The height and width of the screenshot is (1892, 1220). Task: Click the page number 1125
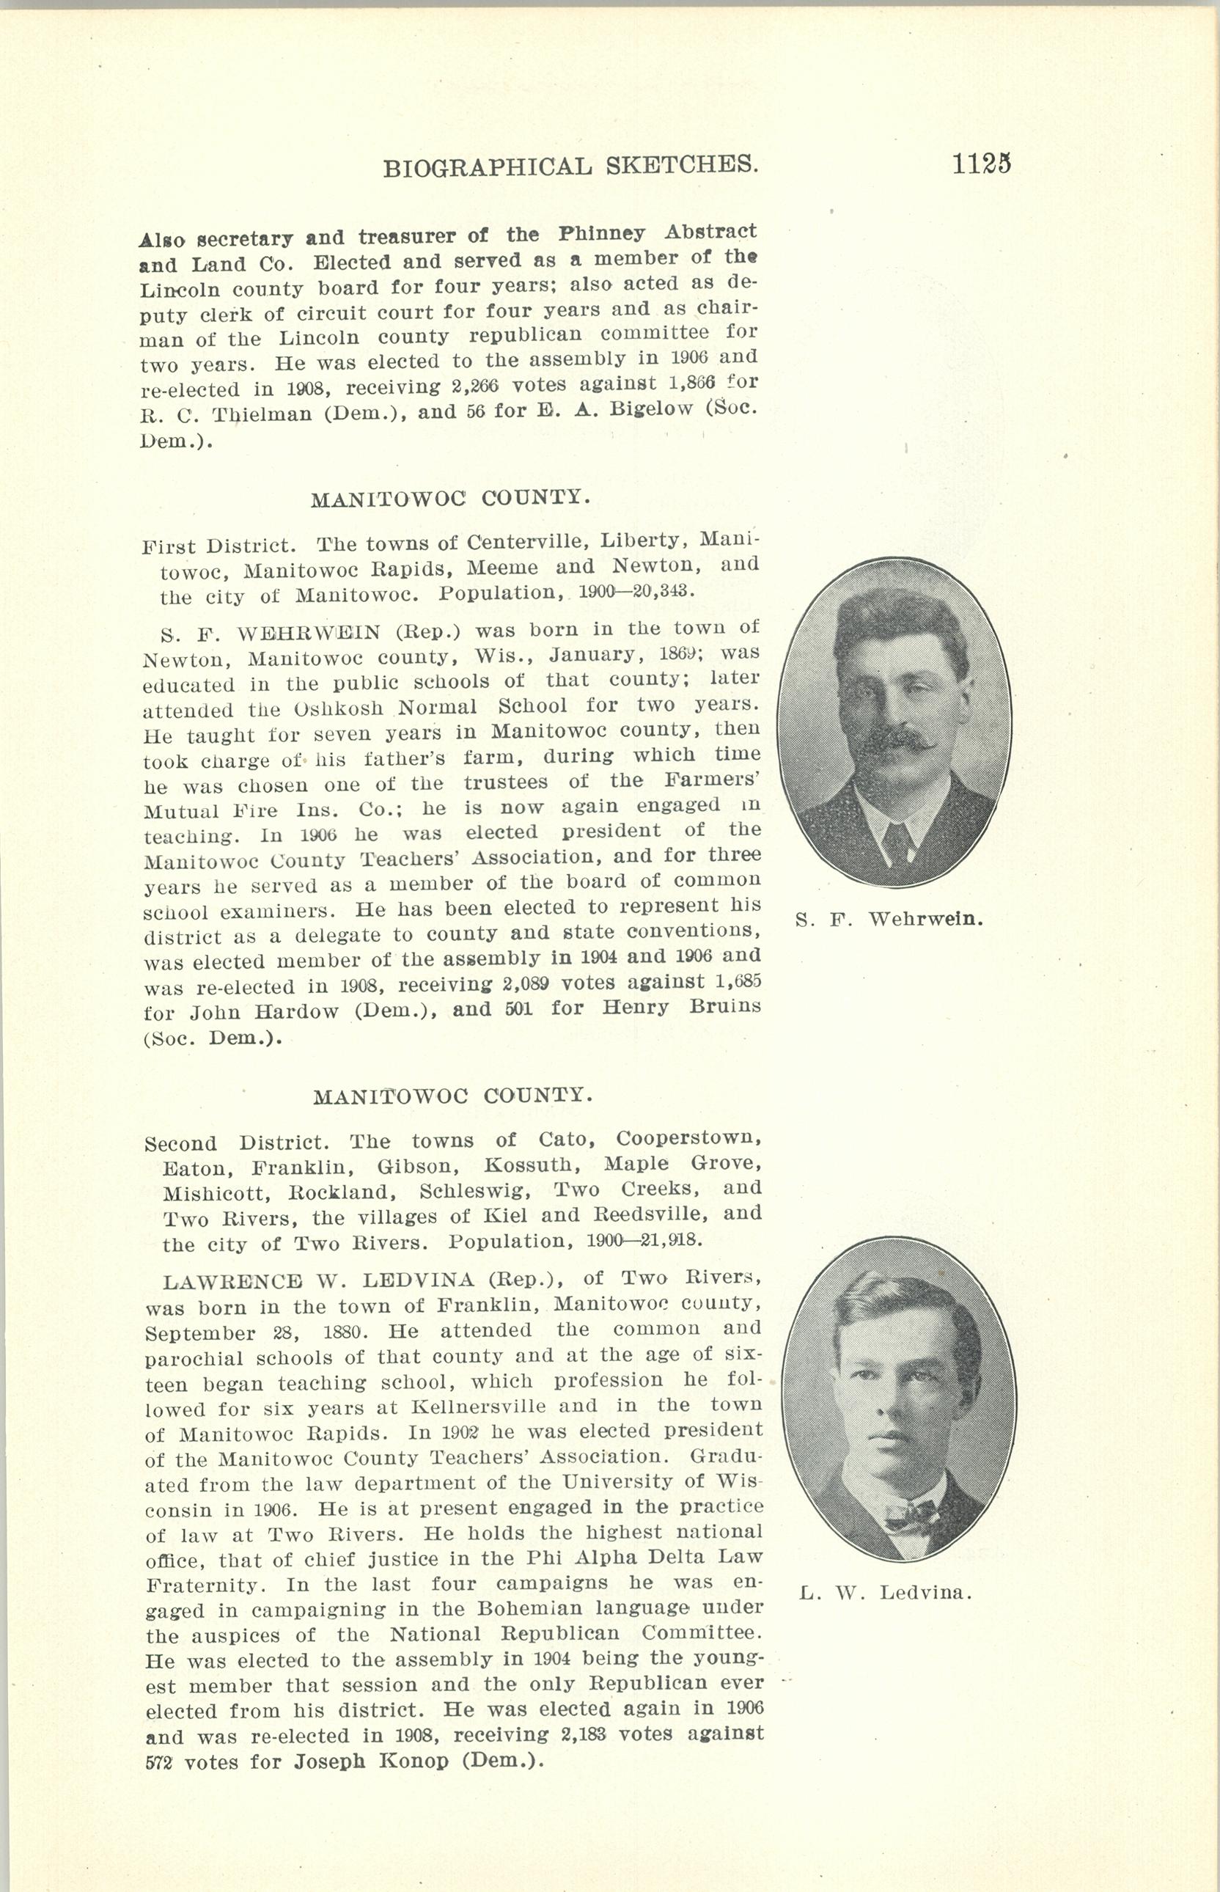click(982, 164)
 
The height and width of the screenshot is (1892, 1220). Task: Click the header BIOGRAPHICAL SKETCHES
click(570, 166)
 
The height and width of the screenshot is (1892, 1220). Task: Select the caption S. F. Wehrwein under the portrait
click(889, 920)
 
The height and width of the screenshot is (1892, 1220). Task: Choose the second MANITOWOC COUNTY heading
click(452, 1096)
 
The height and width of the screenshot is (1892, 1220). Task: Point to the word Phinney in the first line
click(601, 235)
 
